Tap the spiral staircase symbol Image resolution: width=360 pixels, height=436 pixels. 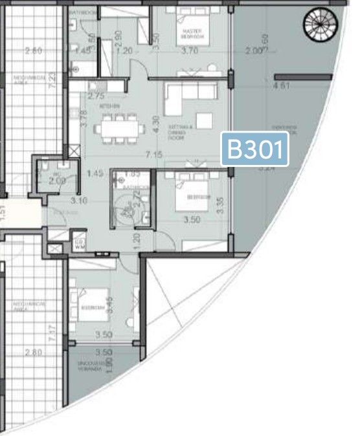click(x=318, y=24)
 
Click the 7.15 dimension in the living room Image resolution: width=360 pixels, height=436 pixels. click(x=153, y=155)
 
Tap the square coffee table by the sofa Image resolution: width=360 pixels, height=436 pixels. click(x=205, y=121)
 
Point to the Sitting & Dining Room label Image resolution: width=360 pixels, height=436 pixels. click(x=176, y=134)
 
